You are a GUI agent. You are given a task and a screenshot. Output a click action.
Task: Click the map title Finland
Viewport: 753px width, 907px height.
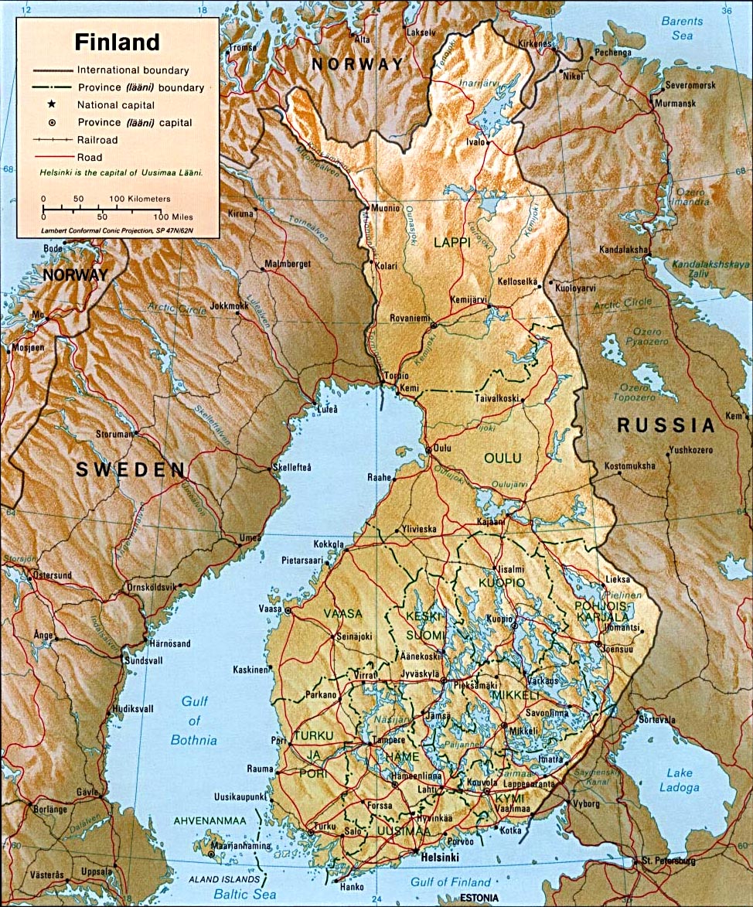117,41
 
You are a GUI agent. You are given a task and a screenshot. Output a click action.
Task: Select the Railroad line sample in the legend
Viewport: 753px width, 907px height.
52,140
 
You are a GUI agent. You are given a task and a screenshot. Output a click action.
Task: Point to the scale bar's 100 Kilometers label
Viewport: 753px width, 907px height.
140,199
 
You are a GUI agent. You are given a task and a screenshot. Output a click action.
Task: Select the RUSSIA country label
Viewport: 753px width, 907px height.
665,425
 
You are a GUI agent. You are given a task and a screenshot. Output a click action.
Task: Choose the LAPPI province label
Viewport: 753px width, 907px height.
451,242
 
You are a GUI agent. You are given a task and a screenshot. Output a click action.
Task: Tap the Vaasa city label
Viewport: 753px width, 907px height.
271,609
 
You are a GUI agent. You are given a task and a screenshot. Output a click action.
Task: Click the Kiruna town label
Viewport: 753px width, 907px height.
240,213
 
